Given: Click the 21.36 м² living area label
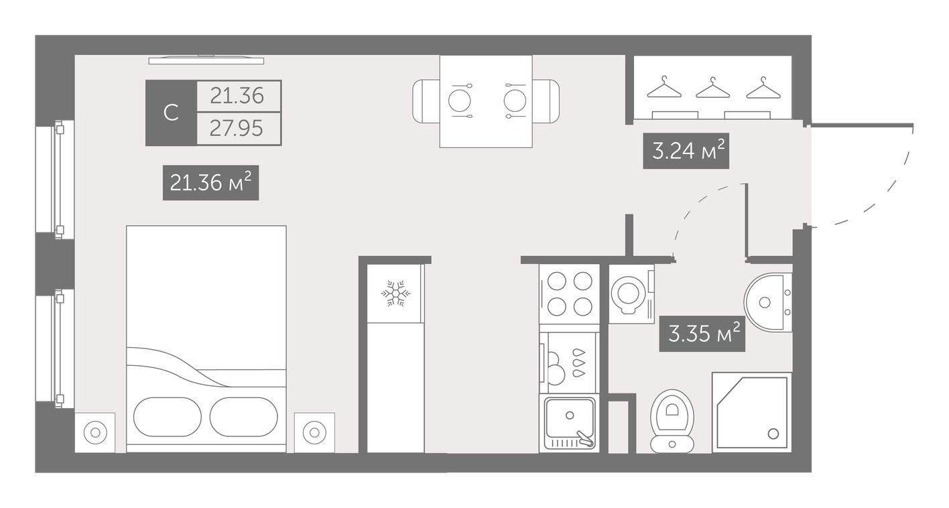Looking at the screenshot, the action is coord(210,182).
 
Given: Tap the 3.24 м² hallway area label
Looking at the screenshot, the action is coord(686,151).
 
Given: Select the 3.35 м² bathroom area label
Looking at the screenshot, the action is coord(702,334).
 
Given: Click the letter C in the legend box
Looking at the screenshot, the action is coord(171,113).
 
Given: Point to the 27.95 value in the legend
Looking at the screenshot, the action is coord(237,129).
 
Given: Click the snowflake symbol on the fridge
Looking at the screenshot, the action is coord(395,293).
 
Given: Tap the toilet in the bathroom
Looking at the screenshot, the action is coord(672,421).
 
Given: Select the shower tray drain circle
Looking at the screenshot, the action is coord(773,434).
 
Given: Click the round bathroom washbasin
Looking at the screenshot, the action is coord(768,302).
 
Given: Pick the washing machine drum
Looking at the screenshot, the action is coord(629,293).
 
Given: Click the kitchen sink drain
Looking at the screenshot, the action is coord(570,416).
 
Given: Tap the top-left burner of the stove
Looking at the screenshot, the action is coord(557,281).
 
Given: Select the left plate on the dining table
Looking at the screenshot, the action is coord(460,101).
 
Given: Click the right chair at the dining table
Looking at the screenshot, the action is coord(546,101).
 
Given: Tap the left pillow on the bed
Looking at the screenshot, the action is coord(168,417).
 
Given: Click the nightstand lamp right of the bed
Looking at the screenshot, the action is coord(314,432).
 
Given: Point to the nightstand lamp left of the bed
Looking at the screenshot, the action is coord(95,432).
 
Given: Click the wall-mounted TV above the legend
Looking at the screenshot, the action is coord(206,60).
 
